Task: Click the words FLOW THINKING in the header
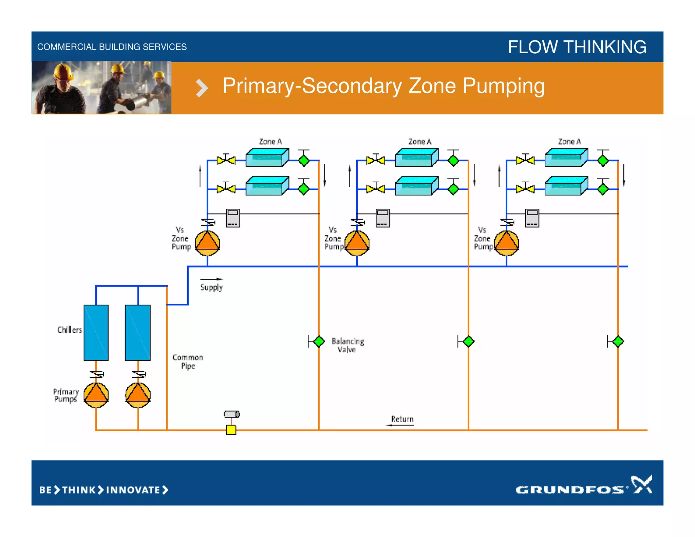pyautogui.click(x=577, y=47)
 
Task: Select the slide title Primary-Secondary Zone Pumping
pyautogui.click(x=383, y=86)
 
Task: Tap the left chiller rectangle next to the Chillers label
pyautogui.click(x=96, y=332)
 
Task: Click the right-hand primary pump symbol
pyautogui.click(x=138, y=395)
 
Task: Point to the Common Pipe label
pyautogui.click(x=188, y=362)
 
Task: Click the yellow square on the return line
pyautogui.click(x=231, y=430)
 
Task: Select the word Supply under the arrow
pyautogui.click(x=211, y=288)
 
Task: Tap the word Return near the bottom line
pyautogui.click(x=402, y=419)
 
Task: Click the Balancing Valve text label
pyautogui.click(x=347, y=345)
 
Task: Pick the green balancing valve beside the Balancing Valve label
pyautogui.click(x=319, y=341)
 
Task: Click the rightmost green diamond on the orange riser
pyautogui.click(x=618, y=341)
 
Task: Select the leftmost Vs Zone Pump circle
pyautogui.click(x=207, y=243)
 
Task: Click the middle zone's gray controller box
pyautogui.click(x=383, y=218)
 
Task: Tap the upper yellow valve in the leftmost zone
pyautogui.click(x=226, y=160)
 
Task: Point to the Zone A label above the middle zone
pyautogui.click(x=420, y=142)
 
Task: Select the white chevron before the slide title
pyautogui.click(x=202, y=88)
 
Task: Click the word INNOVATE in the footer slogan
pyautogui.click(x=133, y=490)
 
